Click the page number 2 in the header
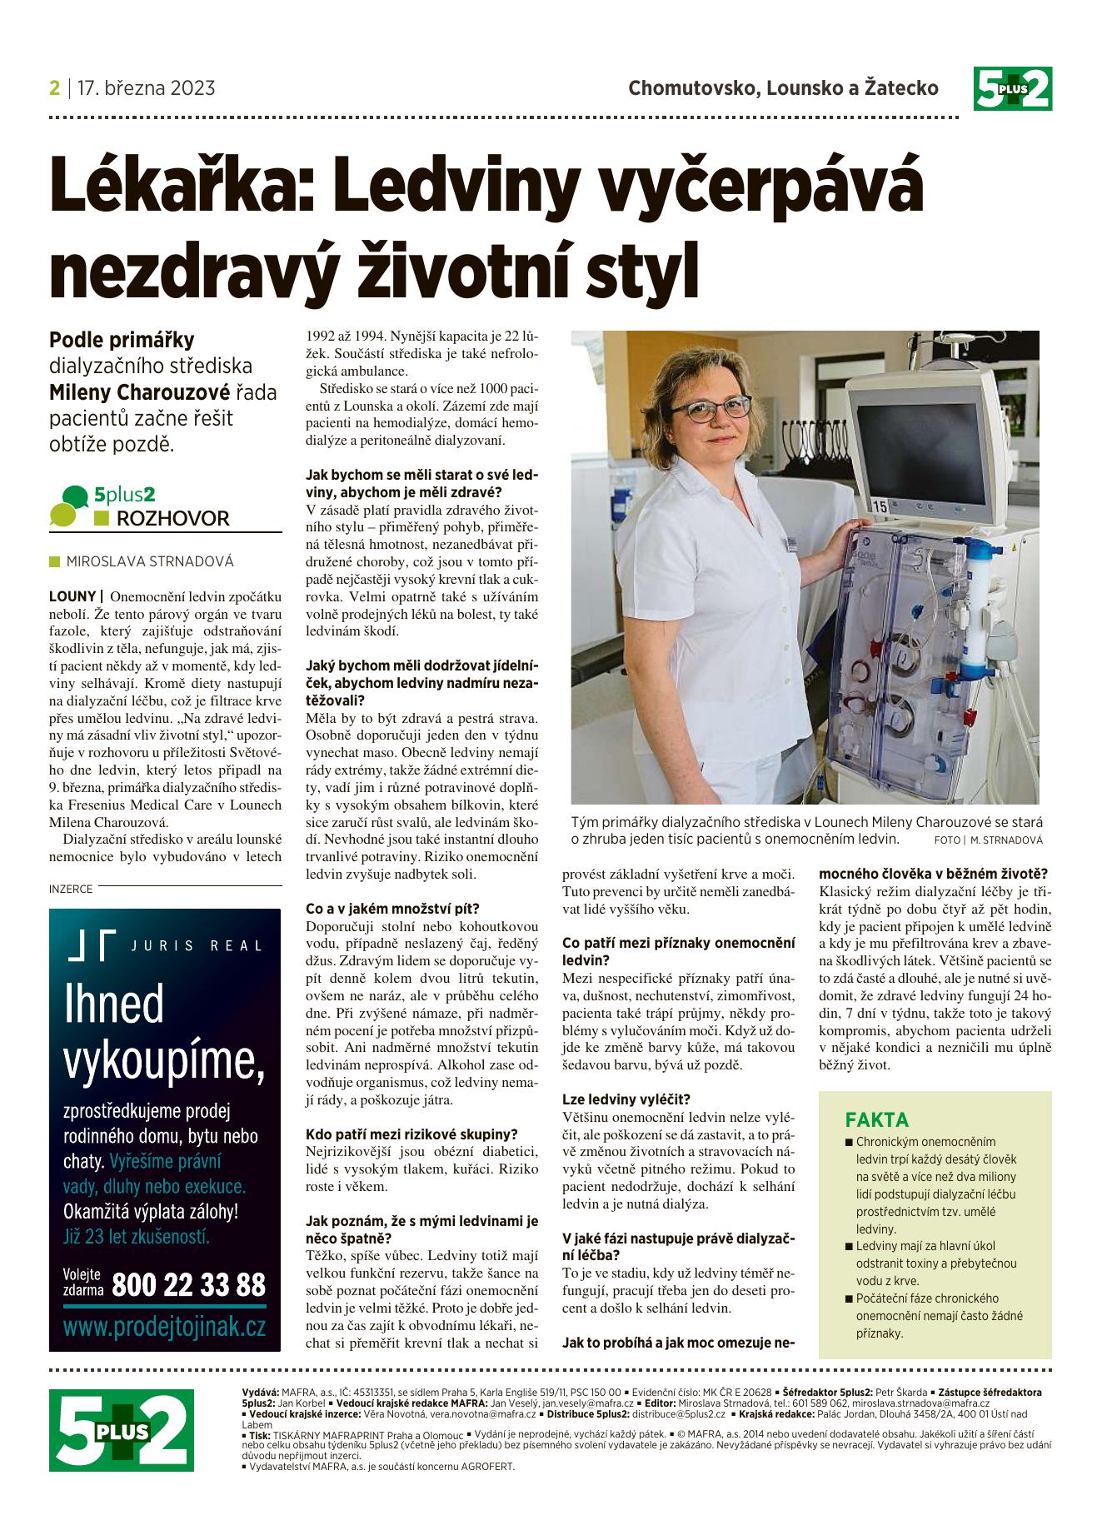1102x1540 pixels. click(x=55, y=88)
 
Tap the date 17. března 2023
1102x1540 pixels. click(x=146, y=88)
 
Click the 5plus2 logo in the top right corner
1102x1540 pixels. click(x=1012, y=88)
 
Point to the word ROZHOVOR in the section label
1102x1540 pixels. click(x=172, y=519)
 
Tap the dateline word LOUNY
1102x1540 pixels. click(x=72, y=596)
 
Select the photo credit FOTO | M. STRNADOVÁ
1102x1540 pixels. click(x=988, y=841)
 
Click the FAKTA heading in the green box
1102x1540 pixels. click(x=877, y=1119)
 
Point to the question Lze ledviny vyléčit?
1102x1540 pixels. click(x=626, y=1099)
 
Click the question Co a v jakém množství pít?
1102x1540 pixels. click(x=393, y=908)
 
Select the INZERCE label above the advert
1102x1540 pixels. click(x=71, y=889)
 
